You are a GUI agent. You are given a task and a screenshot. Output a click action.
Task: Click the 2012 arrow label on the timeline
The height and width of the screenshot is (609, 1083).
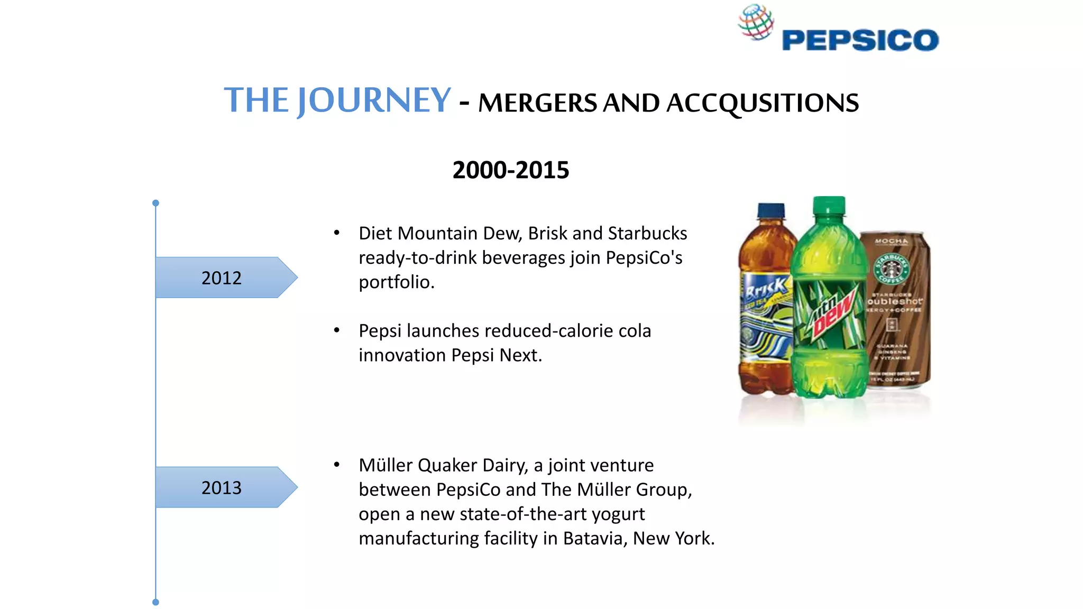(222, 278)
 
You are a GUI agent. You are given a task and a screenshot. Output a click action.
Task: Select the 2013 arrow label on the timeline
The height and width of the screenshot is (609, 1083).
(222, 487)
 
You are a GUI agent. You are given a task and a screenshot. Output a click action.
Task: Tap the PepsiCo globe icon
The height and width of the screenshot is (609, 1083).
(756, 22)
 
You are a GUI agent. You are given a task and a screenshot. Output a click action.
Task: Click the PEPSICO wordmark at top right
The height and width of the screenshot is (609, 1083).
(860, 41)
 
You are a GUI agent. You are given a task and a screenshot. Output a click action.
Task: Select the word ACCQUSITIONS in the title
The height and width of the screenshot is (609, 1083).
(762, 103)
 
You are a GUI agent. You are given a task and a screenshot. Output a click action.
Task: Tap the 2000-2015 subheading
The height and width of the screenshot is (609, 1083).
(511, 170)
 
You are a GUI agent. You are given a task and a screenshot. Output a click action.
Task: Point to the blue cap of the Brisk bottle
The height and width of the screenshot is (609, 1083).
(771, 211)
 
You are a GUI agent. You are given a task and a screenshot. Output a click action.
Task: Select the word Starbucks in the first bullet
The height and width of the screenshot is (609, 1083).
(647, 233)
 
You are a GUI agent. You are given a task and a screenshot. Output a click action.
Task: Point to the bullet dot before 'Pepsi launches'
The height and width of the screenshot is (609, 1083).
(336, 330)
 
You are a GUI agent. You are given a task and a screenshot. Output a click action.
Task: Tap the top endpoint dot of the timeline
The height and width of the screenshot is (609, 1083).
(155, 203)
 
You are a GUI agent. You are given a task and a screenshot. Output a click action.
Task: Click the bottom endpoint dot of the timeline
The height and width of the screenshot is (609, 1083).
(155, 602)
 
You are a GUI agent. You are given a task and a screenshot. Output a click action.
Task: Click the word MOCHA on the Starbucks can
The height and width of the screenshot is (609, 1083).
(892, 241)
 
